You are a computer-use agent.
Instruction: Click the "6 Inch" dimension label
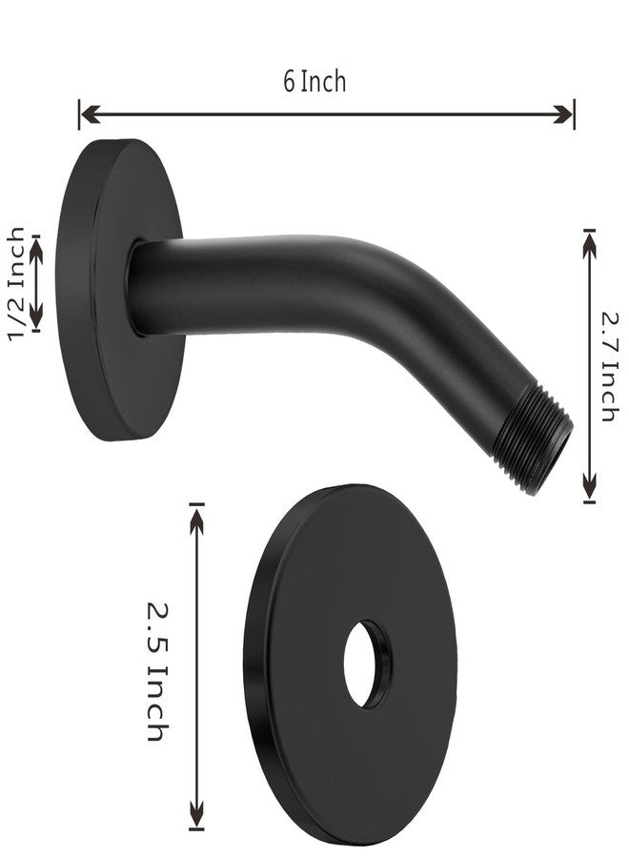pyautogui.click(x=314, y=81)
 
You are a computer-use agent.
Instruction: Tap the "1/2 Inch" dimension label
pyautogui.click(x=16, y=283)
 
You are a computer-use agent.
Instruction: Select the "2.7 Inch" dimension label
pyautogui.click(x=609, y=366)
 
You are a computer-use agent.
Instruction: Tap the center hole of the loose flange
pyautogui.click(x=366, y=664)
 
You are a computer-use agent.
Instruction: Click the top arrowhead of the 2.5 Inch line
pyautogui.click(x=197, y=513)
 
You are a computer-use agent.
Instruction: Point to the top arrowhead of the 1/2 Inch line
pyautogui.click(x=37, y=243)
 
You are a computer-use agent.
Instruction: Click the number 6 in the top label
pyautogui.click(x=289, y=81)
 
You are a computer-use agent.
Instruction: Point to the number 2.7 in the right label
pyautogui.click(x=609, y=329)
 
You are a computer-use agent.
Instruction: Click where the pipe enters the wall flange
pyautogui.click(x=138, y=286)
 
